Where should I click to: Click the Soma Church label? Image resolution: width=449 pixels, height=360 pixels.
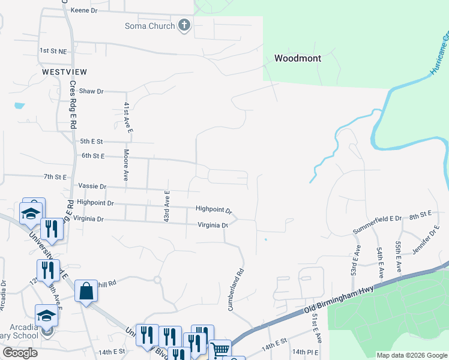tap(149, 26)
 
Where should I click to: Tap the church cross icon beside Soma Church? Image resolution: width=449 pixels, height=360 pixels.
tap(184, 26)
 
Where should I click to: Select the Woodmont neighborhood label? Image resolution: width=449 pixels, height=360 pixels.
tap(298, 58)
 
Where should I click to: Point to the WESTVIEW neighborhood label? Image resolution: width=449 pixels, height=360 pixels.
tap(64, 71)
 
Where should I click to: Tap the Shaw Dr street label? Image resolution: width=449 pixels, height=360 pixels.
tap(91, 91)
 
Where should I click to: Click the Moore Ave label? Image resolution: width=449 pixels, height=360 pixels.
tap(127, 165)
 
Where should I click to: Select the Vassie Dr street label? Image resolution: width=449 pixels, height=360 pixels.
tap(91, 187)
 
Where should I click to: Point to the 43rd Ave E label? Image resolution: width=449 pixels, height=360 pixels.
tap(167, 206)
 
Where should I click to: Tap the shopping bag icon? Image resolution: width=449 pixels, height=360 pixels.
tap(86, 291)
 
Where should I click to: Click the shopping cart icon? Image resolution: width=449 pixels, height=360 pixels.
tap(220, 348)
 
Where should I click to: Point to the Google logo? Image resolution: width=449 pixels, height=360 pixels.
tap(20, 352)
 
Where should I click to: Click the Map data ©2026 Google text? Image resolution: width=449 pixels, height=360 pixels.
tap(411, 355)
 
